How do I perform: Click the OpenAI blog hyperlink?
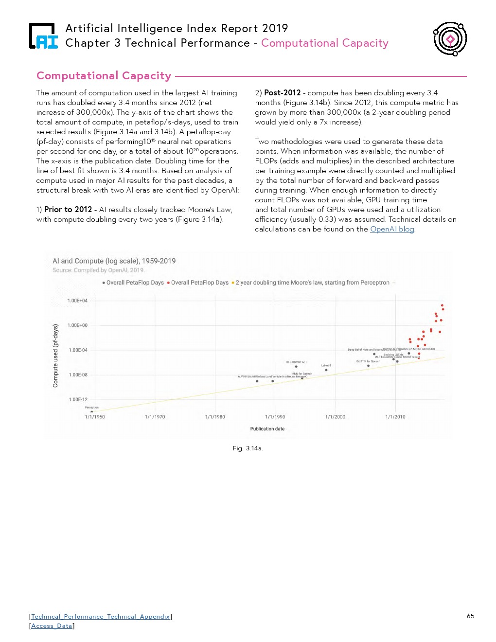[x=392, y=229]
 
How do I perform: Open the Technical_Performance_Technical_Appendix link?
[x=101, y=617]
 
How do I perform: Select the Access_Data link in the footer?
[x=52, y=626]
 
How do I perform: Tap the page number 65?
[x=470, y=616]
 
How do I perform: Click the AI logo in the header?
[x=43, y=36]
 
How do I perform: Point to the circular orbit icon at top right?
[x=450, y=39]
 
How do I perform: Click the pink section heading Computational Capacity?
[x=104, y=76]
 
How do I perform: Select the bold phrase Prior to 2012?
[x=68, y=210]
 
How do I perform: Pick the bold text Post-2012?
[x=283, y=93]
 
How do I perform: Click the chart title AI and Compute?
[x=114, y=261]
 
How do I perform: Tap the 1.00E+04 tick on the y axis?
[x=77, y=301]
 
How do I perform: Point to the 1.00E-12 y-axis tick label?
[x=78, y=400]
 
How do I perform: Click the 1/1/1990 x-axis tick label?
[x=275, y=417]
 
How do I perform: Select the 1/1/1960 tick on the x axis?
[x=95, y=417]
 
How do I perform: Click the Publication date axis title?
[x=267, y=429]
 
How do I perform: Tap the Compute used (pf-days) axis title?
[x=55, y=356]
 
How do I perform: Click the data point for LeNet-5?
[x=326, y=370]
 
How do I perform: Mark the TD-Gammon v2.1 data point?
[x=296, y=367]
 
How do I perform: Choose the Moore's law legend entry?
[x=312, y=283]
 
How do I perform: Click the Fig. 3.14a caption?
[x=248, y=448]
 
